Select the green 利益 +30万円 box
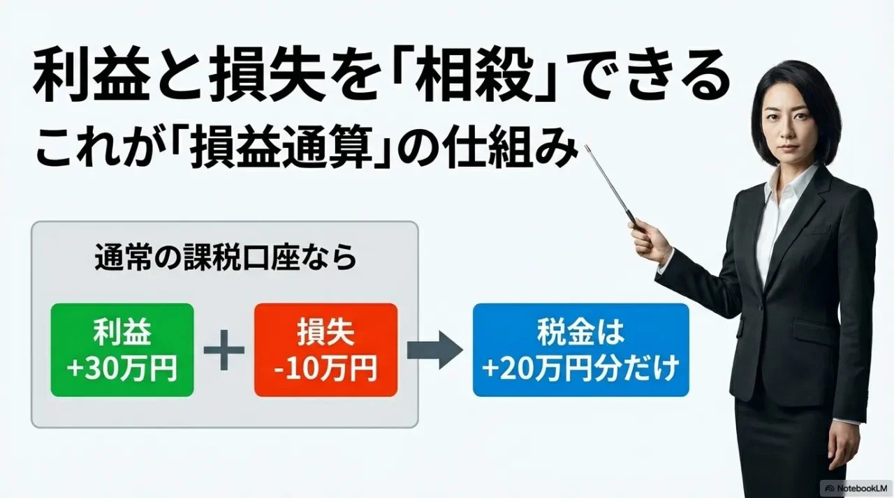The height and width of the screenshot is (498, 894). click(122, 350)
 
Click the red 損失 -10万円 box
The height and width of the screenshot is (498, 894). click(325, 350)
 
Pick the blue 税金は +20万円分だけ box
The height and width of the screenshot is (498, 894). click(580, 350)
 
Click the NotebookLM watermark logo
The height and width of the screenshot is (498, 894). click(830, 488)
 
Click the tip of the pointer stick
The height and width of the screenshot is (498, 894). click(587, 147)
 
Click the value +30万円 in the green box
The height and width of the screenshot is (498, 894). click(122, 368)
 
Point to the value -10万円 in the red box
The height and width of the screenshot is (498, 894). click(325, 368)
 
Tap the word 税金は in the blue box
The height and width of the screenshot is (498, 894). click(580, 333)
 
